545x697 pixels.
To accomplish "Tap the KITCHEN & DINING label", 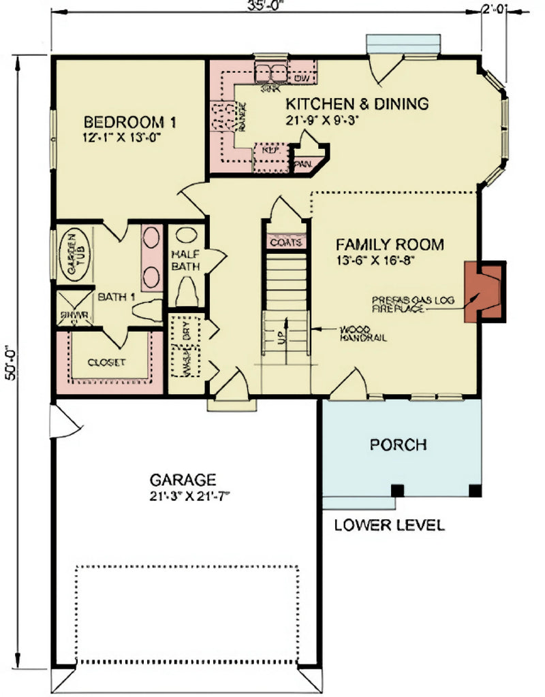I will pyautogui.click(x=357, y=104).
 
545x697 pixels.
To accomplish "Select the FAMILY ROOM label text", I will pyautogui.click(x=389, y=244).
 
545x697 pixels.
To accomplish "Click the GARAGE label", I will pyautogui.click(x=183, y=479).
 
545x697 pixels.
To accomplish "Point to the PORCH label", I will pyautogui.click(x=399, y=444).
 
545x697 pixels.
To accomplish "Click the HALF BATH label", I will pyautogui.click(x=185, y=260).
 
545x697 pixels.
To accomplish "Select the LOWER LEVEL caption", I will pyautogui.click(x=389, y=525).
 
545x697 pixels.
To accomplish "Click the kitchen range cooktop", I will pyautogui.click(x=222, y=117).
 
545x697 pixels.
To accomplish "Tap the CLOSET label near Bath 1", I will pyautogui.click(x=106, y=362).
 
